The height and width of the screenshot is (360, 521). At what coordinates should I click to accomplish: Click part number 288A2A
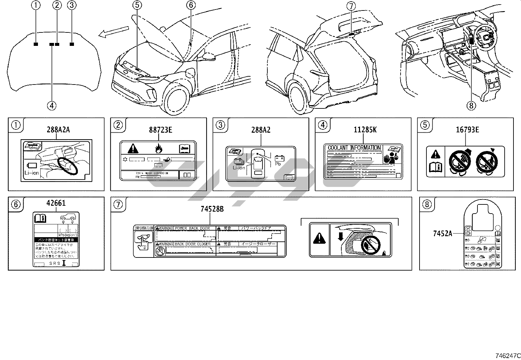click(58, 130)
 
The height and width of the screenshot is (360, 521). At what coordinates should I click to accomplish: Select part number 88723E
click(160, 130)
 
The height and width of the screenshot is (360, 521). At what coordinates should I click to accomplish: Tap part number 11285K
click(365, 130)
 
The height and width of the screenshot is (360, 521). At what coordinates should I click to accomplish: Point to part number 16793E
click(467, 130)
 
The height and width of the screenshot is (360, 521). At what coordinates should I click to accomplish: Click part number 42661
click(56, 203)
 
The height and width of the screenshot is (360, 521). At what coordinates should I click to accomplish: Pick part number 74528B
click(212, 209)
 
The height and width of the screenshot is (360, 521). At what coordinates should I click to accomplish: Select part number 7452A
click(442, 234)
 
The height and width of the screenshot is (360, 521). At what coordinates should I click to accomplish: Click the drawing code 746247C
click(507, 355)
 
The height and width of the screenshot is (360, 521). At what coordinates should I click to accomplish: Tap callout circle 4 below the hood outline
click(52, 105)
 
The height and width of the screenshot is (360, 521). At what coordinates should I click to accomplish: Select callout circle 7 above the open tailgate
click(351, 6)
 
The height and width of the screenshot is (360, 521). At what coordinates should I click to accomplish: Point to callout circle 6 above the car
click(191, 5)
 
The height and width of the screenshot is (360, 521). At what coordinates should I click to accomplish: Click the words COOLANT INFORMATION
click(354, 148)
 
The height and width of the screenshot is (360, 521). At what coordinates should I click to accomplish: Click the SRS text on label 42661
click(54, 263)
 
